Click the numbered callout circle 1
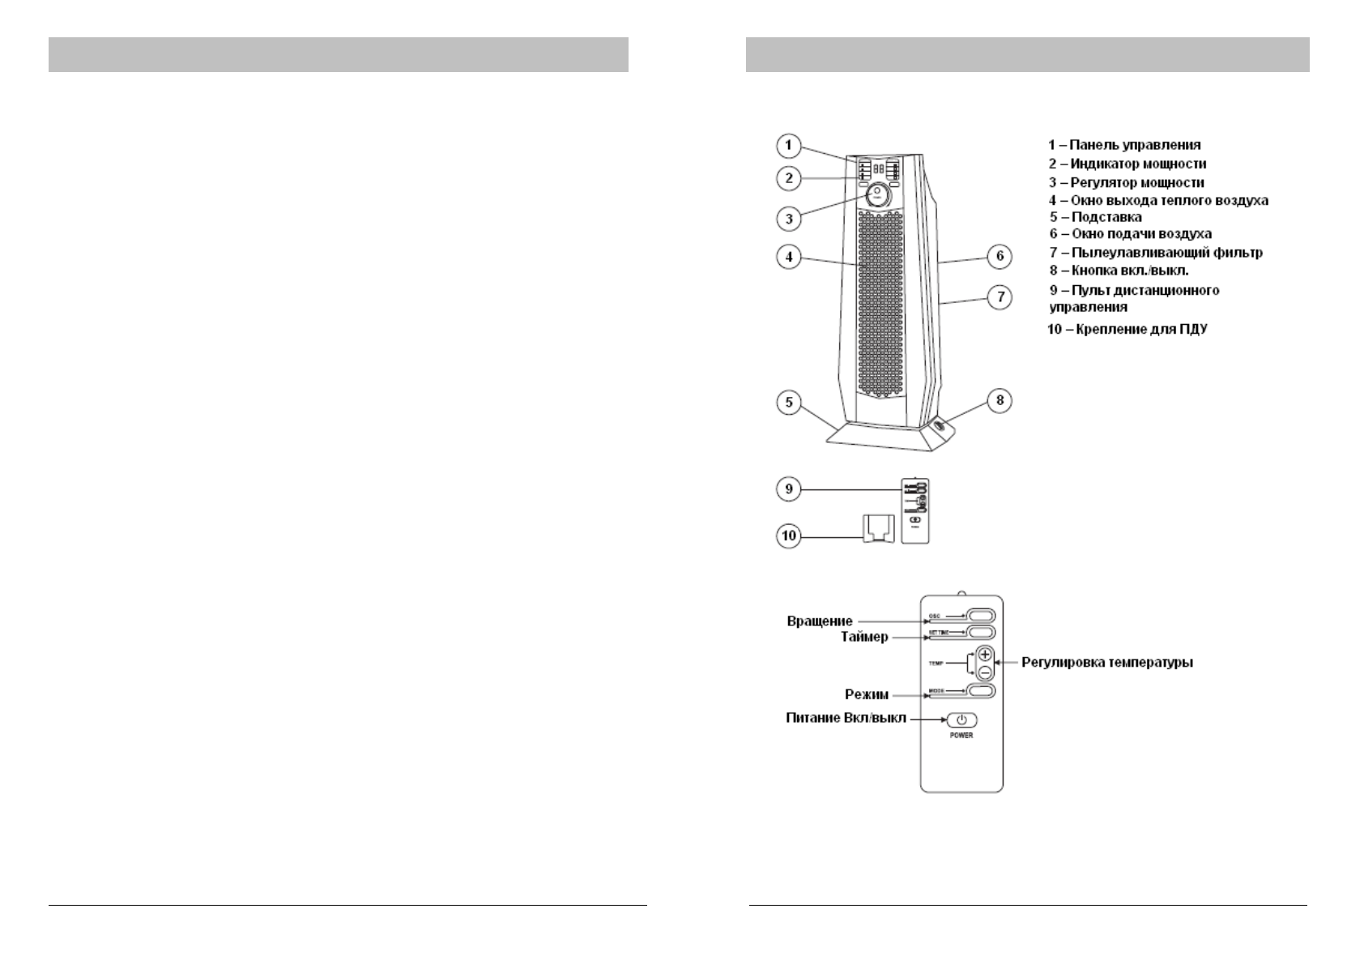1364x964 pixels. (789, 147)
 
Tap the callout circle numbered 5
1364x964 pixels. (789, 403)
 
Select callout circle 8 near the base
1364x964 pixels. (1000, 400)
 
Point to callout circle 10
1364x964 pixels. (789, 535)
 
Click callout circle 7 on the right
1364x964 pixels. (1000, 297)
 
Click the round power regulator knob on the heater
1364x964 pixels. (877, 194)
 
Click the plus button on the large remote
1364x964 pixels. (984, 654)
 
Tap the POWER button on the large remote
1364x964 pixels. (961, 720)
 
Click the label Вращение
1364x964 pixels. (820, 621)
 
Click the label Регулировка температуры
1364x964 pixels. (1106, 662)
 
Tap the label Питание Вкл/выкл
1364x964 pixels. (846, 718)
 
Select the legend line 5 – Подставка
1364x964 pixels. (1096, 217)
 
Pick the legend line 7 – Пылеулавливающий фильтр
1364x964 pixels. (1156, 253)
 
